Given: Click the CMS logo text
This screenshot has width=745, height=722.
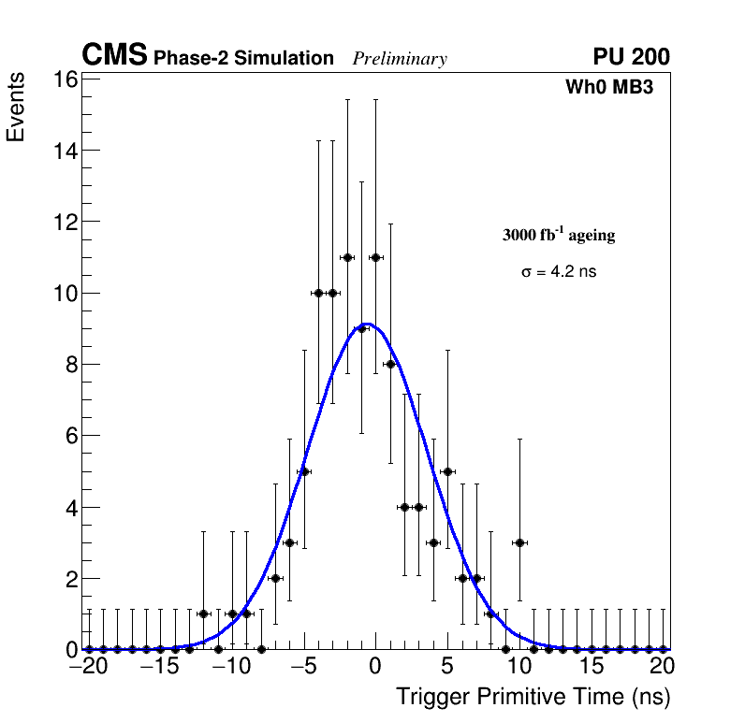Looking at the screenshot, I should [x=114, y=56].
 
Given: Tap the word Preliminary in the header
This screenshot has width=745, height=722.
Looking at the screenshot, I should [x=400, y=59].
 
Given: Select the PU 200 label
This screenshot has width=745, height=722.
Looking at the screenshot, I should [x=631, y=57].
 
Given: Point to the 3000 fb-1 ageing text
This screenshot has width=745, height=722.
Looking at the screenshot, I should [x=559, y=235].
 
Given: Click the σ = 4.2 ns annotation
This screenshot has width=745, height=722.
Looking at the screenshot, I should [x=559, y=272].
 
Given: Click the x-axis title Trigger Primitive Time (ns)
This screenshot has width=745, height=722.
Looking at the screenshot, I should [x=533, y=697].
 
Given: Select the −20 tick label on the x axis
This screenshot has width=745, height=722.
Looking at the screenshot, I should [x=89, y=667].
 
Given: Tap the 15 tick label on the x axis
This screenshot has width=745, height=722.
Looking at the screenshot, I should [x=592, y=667].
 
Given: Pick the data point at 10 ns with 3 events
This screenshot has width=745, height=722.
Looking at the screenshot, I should [x=519, y=542].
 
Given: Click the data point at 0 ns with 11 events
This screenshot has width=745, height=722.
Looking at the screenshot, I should [x=375, y=257].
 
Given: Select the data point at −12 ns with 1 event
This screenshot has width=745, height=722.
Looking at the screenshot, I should [x=203, y=614].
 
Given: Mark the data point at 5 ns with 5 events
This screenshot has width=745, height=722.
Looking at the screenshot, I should [x=447, y=471].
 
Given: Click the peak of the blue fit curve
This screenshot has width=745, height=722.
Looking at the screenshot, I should [x=368, y=325].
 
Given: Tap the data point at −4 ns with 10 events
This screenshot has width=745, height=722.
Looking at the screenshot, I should [x=318, y=293].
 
